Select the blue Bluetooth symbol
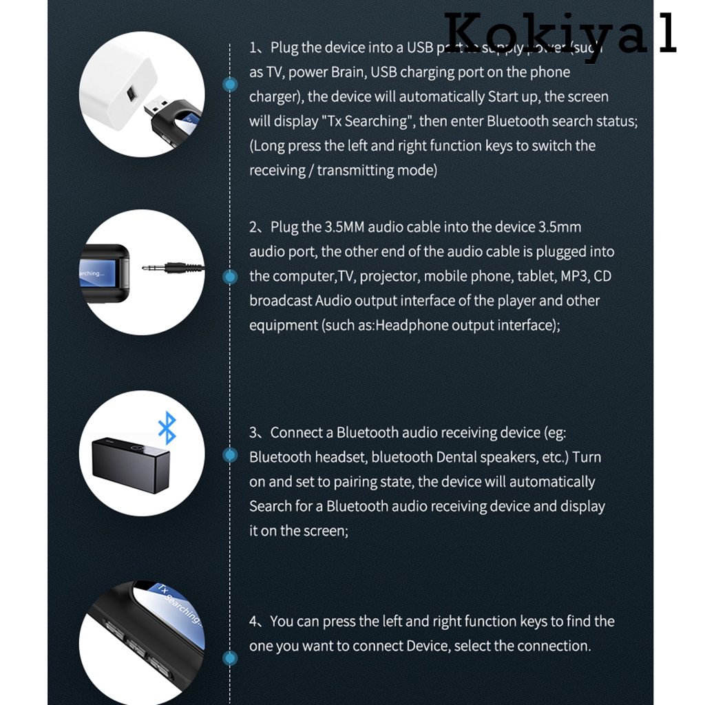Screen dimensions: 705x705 (167, 428)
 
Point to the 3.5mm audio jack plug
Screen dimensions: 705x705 (172, 268)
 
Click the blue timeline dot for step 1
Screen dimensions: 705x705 (231, 85)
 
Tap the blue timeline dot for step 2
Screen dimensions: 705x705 (231, 277)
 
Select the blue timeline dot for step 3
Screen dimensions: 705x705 (231, 456)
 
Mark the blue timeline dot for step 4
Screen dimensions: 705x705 (231, 658)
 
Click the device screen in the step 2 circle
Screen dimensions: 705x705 (102, 273)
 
